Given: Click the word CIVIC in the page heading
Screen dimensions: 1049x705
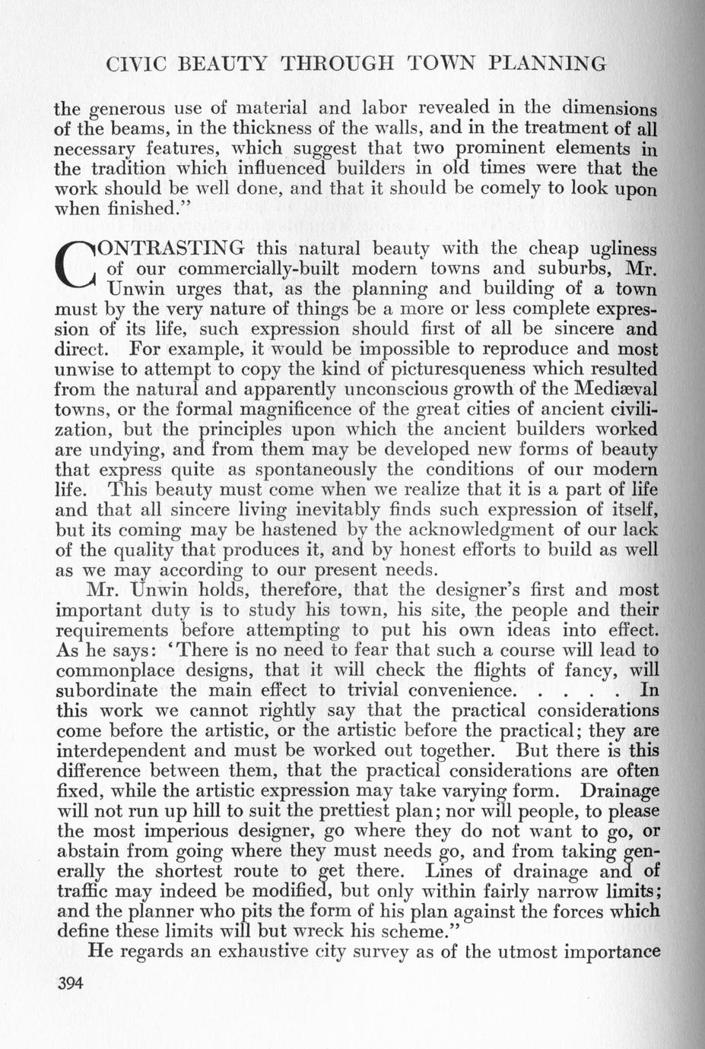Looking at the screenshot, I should tap(136, 64).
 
